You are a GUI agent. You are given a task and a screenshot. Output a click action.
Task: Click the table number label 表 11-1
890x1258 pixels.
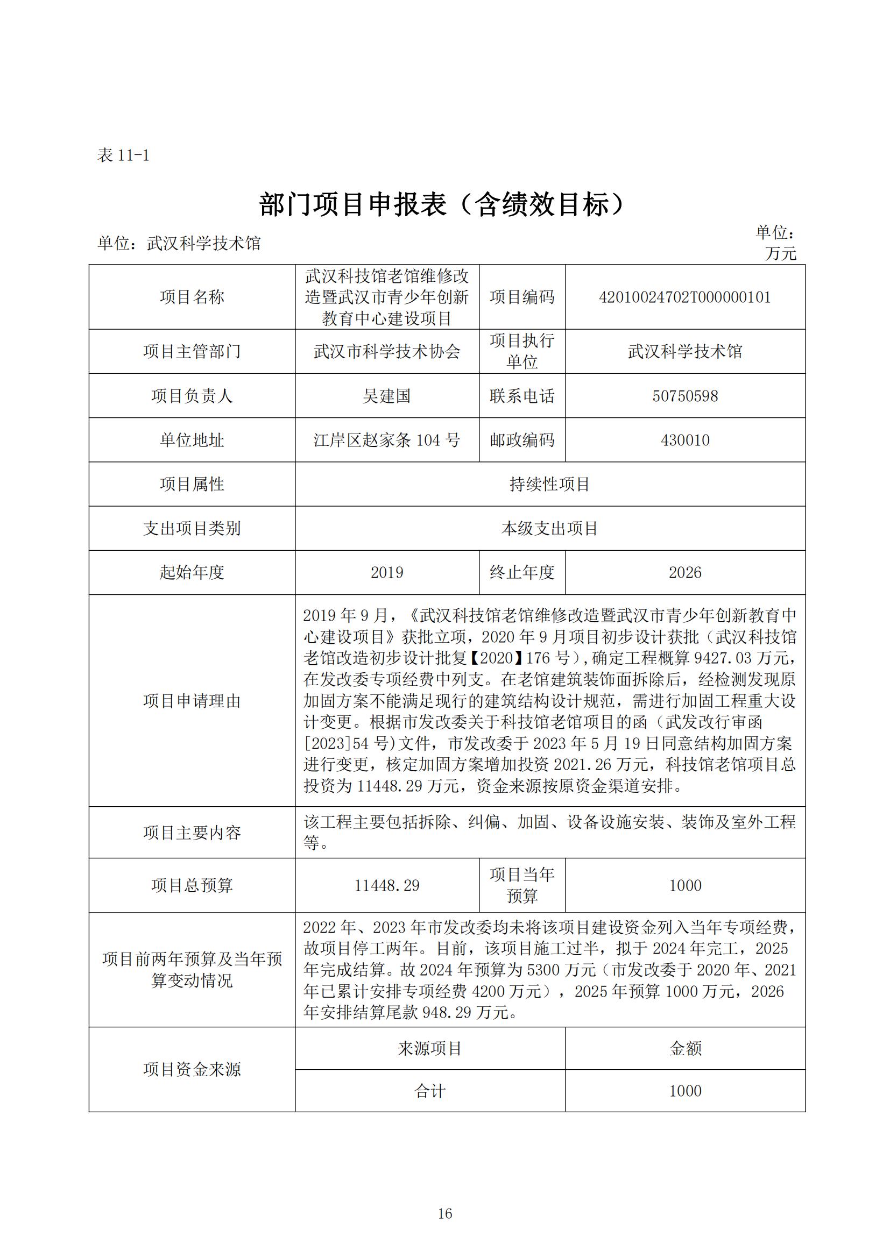[x=123, y=155]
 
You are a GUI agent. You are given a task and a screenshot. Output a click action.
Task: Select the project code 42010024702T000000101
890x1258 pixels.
[x=684, y=297]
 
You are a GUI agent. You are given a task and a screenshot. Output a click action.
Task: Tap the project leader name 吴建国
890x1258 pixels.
[x=386, y=396]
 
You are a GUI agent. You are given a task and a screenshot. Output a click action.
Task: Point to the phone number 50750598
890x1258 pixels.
[x=684, y=396]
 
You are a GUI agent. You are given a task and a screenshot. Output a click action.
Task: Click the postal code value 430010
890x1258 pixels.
[x=684, y=440]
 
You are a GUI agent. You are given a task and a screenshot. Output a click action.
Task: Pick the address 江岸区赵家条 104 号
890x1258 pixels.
[x=386, y=440]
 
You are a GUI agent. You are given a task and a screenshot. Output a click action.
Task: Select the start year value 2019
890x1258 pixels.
[x=386, y=573]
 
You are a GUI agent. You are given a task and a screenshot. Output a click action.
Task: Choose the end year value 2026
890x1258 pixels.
[x=684, y=573]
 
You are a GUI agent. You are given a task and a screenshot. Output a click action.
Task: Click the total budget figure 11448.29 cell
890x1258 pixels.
[x=386, y=885]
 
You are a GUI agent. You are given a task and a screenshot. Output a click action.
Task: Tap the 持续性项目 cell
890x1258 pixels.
[x=550, y=485]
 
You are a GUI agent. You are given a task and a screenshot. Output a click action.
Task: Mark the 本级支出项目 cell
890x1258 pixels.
[x=550, y=529]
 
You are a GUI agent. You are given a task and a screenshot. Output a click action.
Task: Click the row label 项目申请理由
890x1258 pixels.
[x=192, y=701]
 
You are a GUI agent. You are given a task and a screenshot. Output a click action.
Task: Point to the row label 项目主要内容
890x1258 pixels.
[x=192, y=833]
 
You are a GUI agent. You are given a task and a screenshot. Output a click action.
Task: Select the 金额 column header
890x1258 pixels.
[x=685, y=1049]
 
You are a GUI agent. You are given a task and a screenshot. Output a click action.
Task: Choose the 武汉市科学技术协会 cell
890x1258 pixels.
[x=386, y=352]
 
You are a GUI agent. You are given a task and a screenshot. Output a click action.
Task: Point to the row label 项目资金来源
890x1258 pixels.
[x=192, y=1070]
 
